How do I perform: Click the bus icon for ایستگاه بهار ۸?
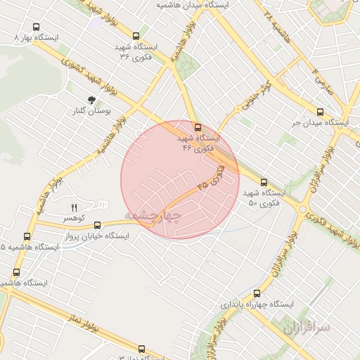pos(37,27)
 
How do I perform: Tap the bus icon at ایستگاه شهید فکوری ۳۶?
pos(136,36)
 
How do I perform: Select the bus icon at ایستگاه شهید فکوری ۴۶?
pos(198,127)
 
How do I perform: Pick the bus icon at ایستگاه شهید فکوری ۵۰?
pos(264,181)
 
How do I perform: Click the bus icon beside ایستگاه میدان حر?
pos(321,112)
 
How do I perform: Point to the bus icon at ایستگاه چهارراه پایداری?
pos(256,292)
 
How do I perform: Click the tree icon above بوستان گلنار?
pos(91,100)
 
